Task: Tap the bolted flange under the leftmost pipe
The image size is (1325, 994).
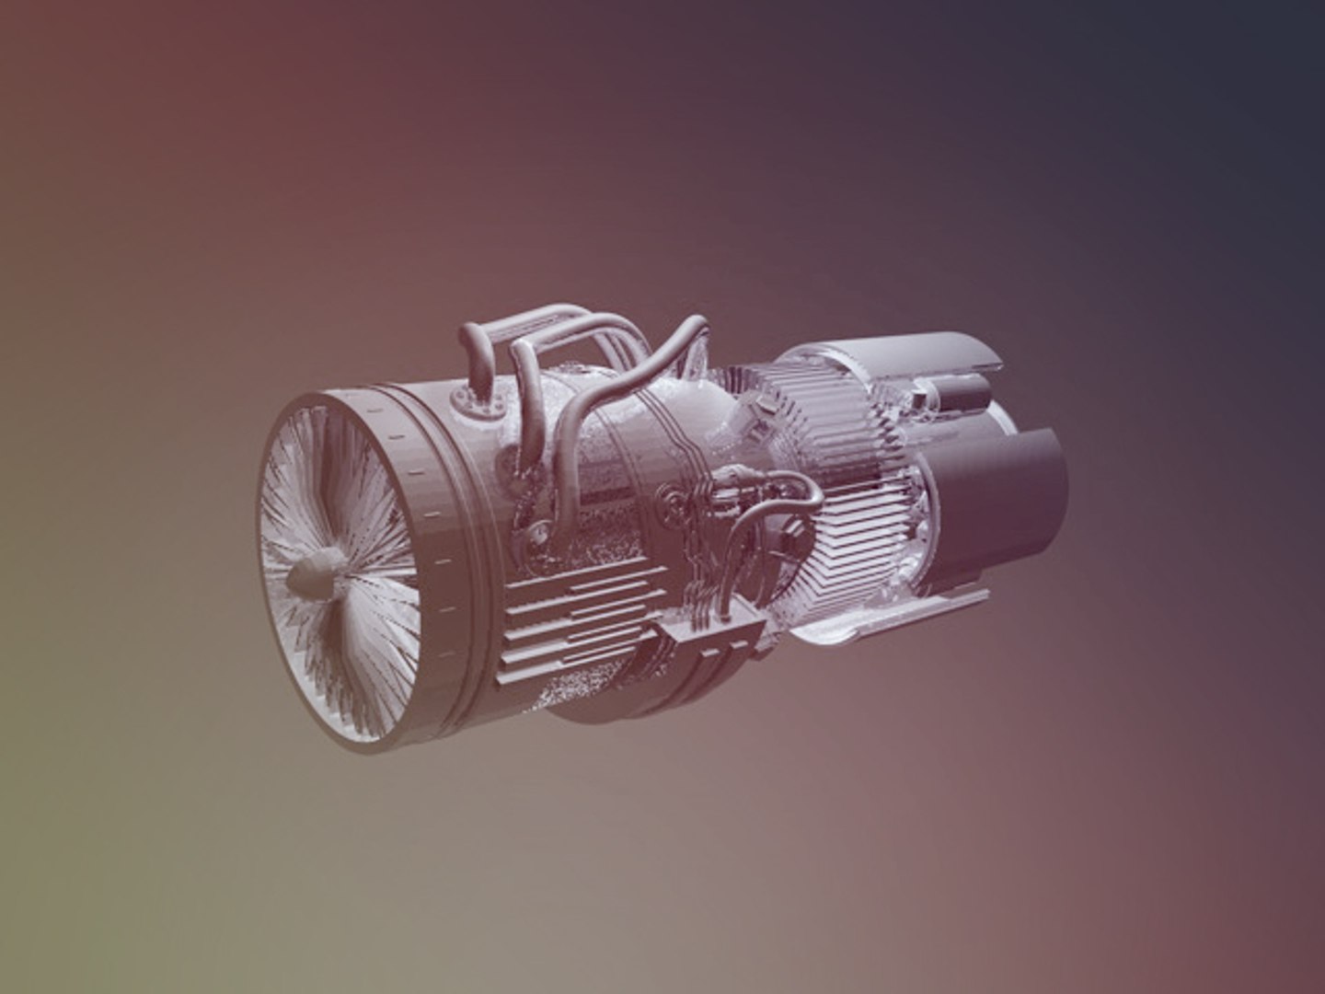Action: coord(475,399)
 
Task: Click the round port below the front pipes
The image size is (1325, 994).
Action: coord(534,534)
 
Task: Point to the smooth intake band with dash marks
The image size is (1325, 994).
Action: coord(432,515)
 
